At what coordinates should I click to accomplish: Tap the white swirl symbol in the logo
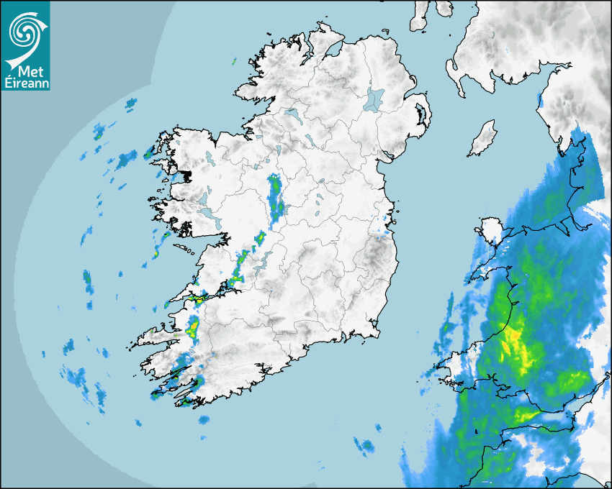tap(24, 32)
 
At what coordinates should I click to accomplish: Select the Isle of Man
tap(483, 138)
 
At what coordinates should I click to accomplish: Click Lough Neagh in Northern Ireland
tap(374, 99)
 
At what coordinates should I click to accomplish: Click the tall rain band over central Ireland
tap(274, 196)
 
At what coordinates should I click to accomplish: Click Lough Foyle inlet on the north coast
tap(332, 50)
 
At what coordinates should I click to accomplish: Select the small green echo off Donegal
tap(234, 62)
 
